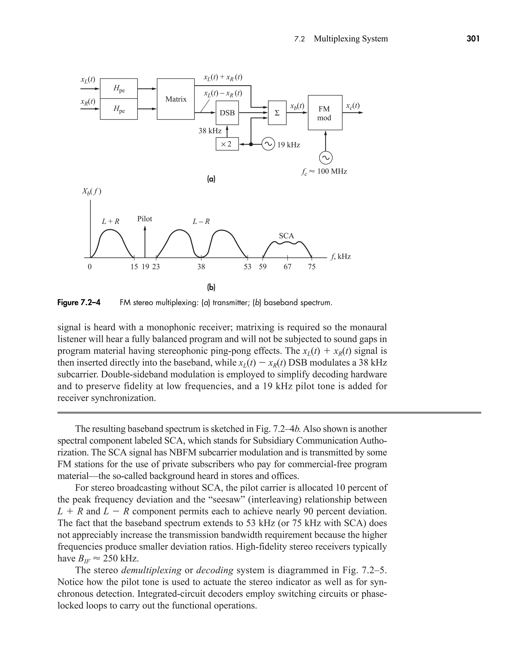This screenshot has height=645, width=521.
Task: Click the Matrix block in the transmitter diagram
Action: pos(176,99)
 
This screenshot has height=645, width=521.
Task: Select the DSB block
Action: pos(227,113)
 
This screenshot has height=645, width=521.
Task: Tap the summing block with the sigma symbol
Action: pos(277,113)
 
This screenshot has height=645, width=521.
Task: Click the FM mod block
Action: pos(325,113)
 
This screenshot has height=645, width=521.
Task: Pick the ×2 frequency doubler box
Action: pos(227,144)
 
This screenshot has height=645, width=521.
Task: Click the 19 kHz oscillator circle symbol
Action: pos(268,144)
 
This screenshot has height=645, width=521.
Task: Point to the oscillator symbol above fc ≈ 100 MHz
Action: pos(326,158)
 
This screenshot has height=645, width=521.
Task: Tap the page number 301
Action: pos(473,39)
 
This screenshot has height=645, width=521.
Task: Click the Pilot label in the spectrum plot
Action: pos(145,219)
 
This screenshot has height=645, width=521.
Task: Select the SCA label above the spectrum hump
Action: pos(286,236)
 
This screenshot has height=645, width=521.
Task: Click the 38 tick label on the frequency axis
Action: pos(201,267)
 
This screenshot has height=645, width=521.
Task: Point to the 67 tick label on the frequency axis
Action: pos(287,267)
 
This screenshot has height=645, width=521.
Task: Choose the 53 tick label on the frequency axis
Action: pos(248,267)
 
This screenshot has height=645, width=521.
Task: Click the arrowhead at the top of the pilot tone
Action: pos(145,228)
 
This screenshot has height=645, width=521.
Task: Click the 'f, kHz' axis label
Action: pos(340,257)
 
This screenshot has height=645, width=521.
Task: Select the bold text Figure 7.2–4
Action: pos(79,303)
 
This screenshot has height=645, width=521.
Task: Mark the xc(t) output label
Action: pos(353,106)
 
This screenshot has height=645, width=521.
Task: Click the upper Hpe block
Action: pos(119,89)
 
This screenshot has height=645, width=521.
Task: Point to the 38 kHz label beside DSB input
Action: pos(210,131)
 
